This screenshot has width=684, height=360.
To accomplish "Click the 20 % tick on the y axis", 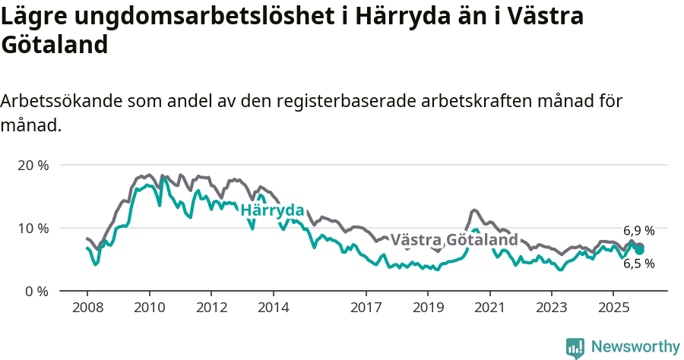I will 33,165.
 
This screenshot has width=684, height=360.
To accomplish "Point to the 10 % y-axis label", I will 33,228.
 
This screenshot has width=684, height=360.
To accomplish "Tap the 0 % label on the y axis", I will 37,291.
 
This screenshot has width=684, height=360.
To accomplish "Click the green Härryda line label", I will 272,210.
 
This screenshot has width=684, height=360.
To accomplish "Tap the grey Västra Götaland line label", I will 454,240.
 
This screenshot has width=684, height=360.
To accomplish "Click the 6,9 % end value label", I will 638,231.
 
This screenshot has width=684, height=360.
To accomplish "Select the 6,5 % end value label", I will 638,264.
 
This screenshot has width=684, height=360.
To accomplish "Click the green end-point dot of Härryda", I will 640,250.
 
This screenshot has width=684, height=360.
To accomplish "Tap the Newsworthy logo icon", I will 575,347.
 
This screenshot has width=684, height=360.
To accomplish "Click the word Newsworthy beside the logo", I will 635,347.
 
